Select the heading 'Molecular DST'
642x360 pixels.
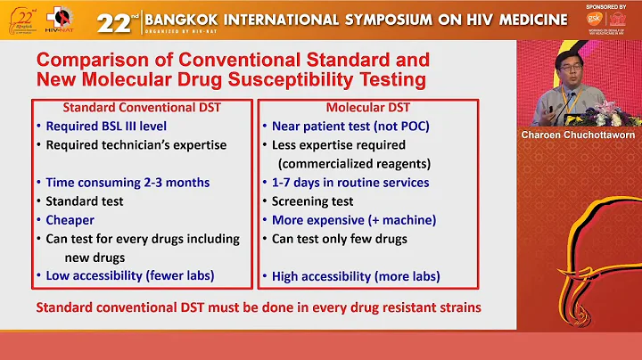tap(350, 108)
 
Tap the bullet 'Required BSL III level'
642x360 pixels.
tap(106, 126)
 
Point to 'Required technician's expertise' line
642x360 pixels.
tap(136, 144)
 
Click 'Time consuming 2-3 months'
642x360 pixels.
tap(128, 182)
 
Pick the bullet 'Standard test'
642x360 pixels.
tap(85, 200)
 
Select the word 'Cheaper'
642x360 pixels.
tap(70, 219)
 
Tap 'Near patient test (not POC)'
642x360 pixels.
tap(350, 126)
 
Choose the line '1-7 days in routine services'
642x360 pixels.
tap(350, 182)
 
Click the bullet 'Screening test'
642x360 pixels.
tap(312, 200)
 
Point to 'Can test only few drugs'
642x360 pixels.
tap(339, 238)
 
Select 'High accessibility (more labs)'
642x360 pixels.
tap(356, 276)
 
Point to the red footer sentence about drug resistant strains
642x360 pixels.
tap(259, 307)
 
